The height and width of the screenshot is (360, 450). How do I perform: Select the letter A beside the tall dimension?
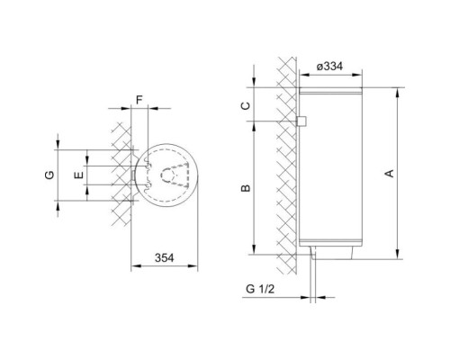(x=389, y=175)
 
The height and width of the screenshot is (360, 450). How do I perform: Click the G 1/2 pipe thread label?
(x=258, y=288)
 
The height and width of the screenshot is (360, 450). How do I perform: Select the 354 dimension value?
(x=163, y=257)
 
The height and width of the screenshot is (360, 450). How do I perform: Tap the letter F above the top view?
(x=139, y=100)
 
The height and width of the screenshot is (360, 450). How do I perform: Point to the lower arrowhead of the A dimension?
(x=395, y=254)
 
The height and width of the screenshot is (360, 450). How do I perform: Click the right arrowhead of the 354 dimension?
(x=196, y=266)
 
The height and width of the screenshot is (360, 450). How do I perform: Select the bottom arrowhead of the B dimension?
(x=255, y=252)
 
